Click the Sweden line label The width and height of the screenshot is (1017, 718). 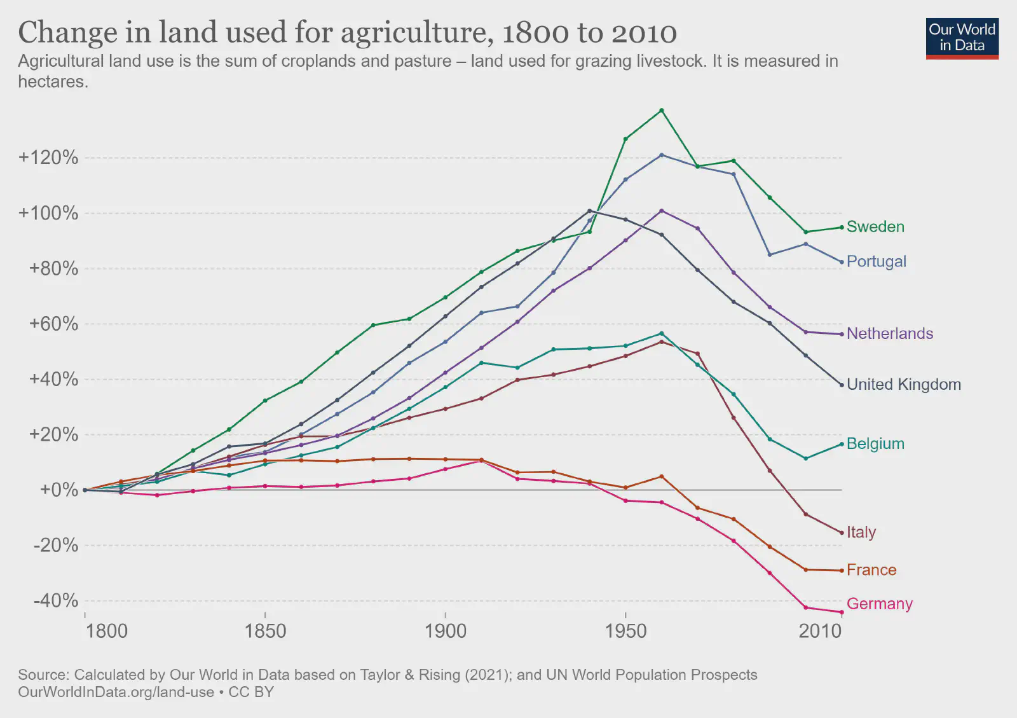pyautogui.click(x=875, y=227)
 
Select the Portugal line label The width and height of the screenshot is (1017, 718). pyautogui.click(x=876, y=261)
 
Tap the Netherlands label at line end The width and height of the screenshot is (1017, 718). pyautogui.click(x=889, y=334)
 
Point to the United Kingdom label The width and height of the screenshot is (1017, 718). pyautogui.click(x=903, y=384)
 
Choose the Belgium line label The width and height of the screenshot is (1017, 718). pyautogui.click(x=875, y=444)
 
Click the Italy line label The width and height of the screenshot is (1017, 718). pyautogui.click(x=861, y=532)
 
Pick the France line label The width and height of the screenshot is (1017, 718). pyautogui.click(x=871, y=570)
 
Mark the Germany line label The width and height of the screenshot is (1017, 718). pyautogui.click(x=879, y=604)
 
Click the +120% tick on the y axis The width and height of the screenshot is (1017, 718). pyautogui.click(x=48, y=158)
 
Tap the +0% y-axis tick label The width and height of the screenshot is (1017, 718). pyautogui.click(x=58, y=490)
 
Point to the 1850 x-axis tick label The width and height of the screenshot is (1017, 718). pyautogui.click(x=265, y=632)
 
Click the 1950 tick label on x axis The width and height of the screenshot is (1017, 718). pyautogui.click(x=625, y=632)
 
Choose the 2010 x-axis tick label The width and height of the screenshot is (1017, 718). pyautogui.click(x=820, y=632)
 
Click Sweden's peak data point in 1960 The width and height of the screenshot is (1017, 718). pyautogui.click(x=662, y=111)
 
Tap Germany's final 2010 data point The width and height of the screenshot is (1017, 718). pyautogui.click(x=842, y=612)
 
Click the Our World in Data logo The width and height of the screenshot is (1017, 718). pyautogui.click(x=962, y=38)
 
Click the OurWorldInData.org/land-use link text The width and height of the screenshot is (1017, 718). pyautogui.click(x=116, y=692)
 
